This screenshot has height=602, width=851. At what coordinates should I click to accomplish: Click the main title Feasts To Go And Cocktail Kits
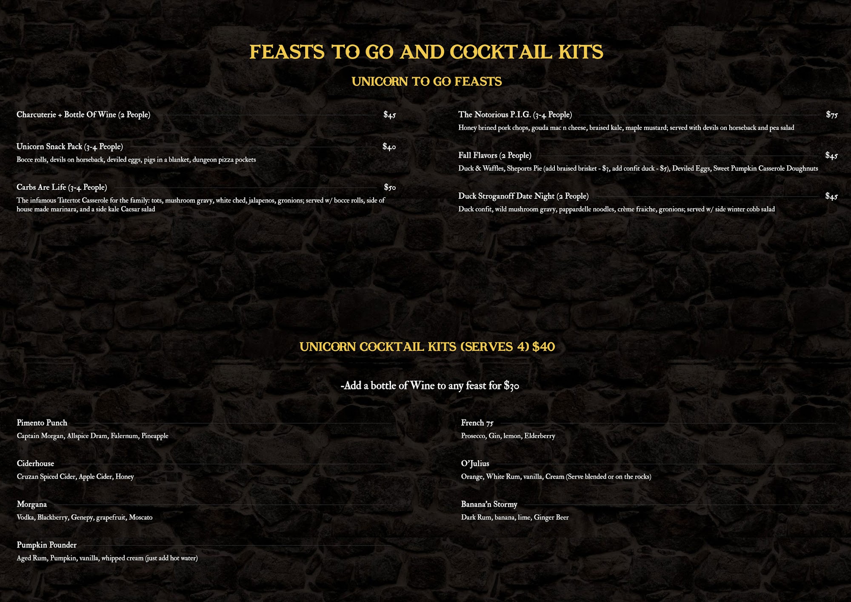point(426,52)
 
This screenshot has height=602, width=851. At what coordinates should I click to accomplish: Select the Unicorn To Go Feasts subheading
point(426,81)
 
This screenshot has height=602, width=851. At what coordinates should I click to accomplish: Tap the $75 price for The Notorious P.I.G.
point(831,115)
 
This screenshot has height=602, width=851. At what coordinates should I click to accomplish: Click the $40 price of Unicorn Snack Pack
point(389,147)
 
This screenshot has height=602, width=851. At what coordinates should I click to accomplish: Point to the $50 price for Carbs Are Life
point(389,187)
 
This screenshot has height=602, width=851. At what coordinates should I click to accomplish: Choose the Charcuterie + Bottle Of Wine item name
point(83,115)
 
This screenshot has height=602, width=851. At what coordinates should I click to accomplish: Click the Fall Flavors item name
point(494,155)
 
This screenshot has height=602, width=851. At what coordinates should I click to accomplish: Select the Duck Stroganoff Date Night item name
point(523,196)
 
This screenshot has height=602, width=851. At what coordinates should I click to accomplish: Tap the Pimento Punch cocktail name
point(42,423)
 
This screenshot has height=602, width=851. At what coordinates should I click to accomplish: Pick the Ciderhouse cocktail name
point(35,464)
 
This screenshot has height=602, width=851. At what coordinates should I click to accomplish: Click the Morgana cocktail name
point(32,505)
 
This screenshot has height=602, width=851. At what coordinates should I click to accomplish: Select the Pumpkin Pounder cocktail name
point(46,545)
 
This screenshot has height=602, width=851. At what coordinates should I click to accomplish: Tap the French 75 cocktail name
point(477,423)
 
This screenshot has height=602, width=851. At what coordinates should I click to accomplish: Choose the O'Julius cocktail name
point(475,464)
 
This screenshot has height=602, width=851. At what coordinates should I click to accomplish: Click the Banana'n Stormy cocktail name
point(489,505)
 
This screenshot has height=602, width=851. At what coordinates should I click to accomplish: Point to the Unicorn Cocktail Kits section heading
point(427,347)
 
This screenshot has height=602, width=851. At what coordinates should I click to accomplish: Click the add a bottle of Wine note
point(429,386)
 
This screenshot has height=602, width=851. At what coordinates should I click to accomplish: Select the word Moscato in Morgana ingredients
point(140,518)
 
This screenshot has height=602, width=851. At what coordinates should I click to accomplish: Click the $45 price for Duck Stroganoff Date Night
point(831,196)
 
